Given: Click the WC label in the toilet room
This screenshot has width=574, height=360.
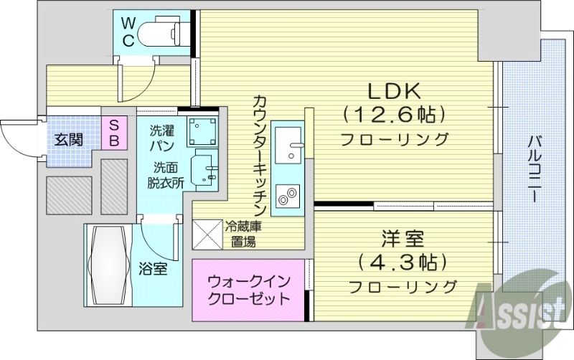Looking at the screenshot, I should coord(127,31).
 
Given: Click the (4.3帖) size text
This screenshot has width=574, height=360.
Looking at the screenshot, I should coord(403,262).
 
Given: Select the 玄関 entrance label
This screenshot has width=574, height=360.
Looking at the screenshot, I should coord(70,138).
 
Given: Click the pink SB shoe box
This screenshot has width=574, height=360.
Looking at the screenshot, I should coord(113,132).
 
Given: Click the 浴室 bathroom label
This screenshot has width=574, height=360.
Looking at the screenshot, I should coord(153,270).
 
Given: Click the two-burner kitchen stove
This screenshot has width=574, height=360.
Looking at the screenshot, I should coord(288,195).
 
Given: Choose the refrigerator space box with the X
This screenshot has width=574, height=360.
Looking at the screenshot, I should coord(207,235).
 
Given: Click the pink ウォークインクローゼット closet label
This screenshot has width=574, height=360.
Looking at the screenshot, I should coord(248,290).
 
